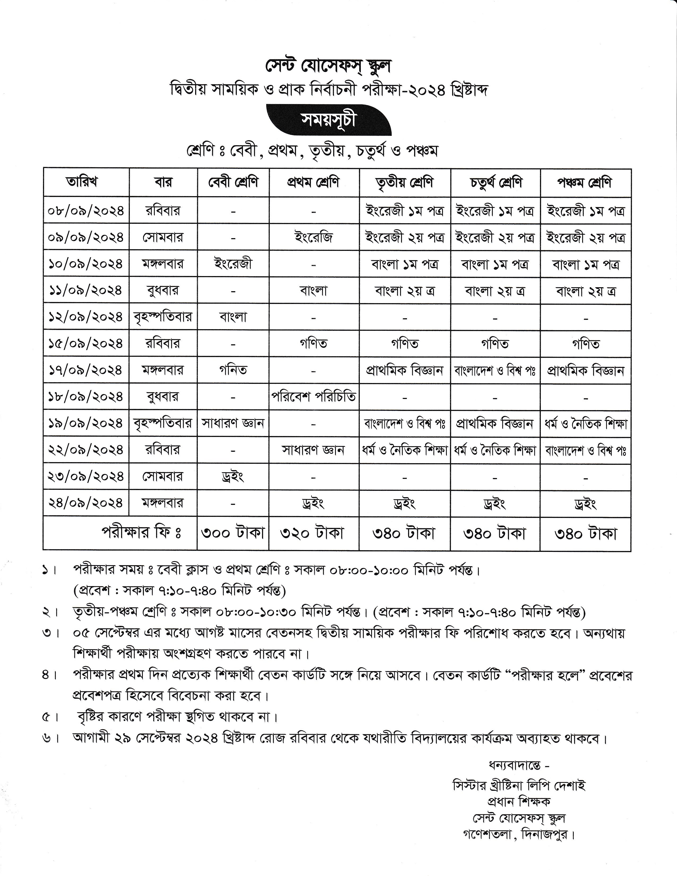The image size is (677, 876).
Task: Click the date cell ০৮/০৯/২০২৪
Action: pos(86,211)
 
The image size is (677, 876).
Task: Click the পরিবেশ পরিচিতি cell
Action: pos(314,397)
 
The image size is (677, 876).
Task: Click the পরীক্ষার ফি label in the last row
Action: pos(142,533)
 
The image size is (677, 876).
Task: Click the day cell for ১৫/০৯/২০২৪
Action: pos(163,343)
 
